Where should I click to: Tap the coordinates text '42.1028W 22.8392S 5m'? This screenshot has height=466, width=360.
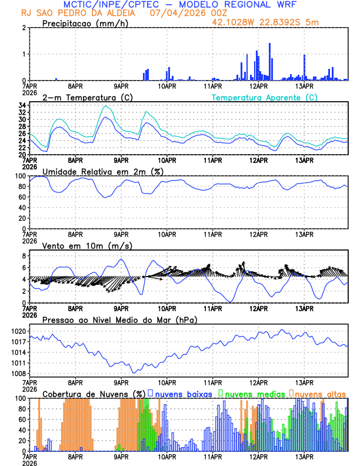(266, 22)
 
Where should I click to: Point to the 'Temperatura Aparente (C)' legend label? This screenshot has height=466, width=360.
(264, 97)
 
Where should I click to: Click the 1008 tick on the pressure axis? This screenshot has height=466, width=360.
(18, 373)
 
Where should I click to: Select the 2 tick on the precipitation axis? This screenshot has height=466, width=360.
(24, 28)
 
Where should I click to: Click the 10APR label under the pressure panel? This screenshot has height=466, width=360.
(167, 381)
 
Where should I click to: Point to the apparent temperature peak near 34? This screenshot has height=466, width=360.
(105, 106)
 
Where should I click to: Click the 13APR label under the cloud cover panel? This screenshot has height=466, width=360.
(304, 455)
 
